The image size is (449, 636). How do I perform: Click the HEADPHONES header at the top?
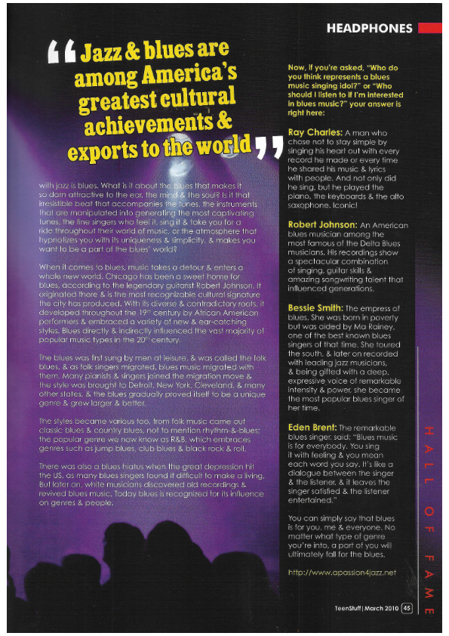point(369,29)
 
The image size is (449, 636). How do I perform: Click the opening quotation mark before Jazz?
point(61,54)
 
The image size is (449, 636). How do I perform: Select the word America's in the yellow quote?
point(189,76)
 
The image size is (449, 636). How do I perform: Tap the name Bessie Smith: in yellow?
point(315,308)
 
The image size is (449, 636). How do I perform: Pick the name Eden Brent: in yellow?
point(312,428)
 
